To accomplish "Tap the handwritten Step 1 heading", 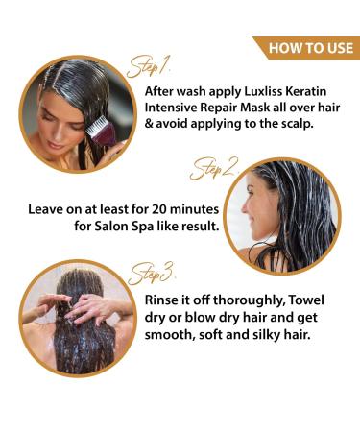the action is [x=149, y=66].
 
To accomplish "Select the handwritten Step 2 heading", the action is [x=214, y=168].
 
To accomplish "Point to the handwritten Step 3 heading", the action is [x=151, y=274].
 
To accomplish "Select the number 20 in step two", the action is [x=159, y=209].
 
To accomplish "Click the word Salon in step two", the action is [x=111, y=227].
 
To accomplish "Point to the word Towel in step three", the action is [x=306, y=300].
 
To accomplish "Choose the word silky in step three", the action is [x=267, y=335].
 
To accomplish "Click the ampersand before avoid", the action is [x=149, y=124].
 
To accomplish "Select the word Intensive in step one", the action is [x=171, y=108].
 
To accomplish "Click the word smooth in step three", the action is [x=170, y=335].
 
